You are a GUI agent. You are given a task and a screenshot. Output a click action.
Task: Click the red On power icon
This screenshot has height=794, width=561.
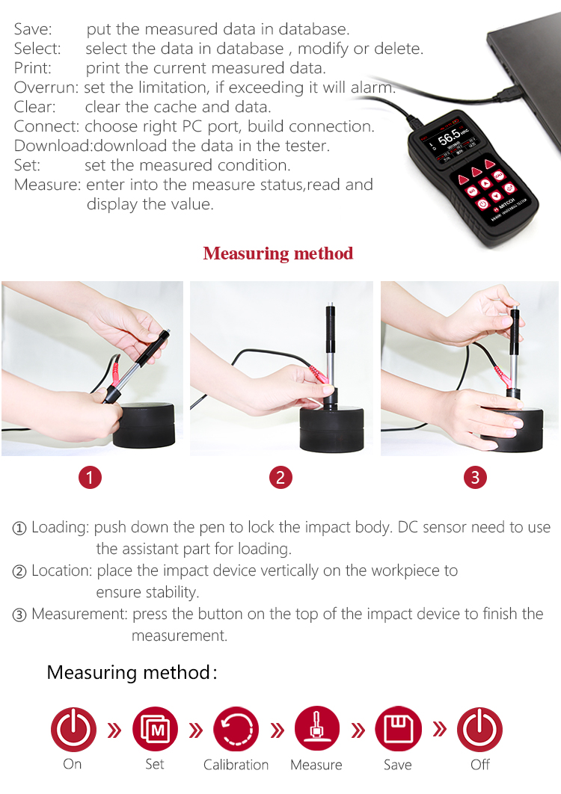click(x=73, y=729)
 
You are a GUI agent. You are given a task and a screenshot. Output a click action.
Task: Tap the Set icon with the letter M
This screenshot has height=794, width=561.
click(x=155, y=729)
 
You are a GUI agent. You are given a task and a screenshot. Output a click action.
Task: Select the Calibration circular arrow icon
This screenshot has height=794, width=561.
click(x=236, y=729)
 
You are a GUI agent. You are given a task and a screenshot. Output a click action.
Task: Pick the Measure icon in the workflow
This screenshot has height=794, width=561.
click(x=317, y=729)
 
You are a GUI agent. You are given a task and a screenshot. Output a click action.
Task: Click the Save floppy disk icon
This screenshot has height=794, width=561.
click(x=399, y=729)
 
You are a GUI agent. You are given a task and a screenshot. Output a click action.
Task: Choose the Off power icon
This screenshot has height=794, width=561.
click(x=479, y=729)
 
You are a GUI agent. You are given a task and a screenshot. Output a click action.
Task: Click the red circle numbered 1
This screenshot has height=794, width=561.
click(x=91, y=478)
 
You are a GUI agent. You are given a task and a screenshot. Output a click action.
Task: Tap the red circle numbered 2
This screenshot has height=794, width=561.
click(x=280, y=478)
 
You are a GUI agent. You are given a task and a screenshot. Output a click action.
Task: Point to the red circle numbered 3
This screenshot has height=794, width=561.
click(x=476, y=478)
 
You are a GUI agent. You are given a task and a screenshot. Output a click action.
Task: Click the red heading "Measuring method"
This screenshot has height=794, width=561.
click(x=278, y=253)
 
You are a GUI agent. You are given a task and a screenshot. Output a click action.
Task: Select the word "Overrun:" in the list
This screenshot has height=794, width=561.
click(x=46, y=87)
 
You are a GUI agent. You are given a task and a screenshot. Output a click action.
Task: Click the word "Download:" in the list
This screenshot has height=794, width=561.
click(x=54, y=146)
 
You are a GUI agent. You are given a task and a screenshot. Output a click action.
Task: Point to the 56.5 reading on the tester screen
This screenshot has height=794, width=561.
click(x=449, y=138)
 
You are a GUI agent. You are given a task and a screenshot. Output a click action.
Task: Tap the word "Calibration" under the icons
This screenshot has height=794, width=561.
click(x=236, y=765)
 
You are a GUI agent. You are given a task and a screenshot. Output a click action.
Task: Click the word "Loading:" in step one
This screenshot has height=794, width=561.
click(x=61, y=528)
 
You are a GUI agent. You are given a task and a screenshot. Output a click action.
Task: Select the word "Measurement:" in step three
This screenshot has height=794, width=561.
click(x=79, y=615)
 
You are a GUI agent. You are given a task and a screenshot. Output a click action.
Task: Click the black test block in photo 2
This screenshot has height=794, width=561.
click(x=332, y=428)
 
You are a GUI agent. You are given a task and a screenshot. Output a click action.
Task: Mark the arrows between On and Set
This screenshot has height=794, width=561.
click(x=114, y=730)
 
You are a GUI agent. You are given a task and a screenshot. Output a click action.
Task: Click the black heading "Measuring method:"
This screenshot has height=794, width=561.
click(x=132, y=673)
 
